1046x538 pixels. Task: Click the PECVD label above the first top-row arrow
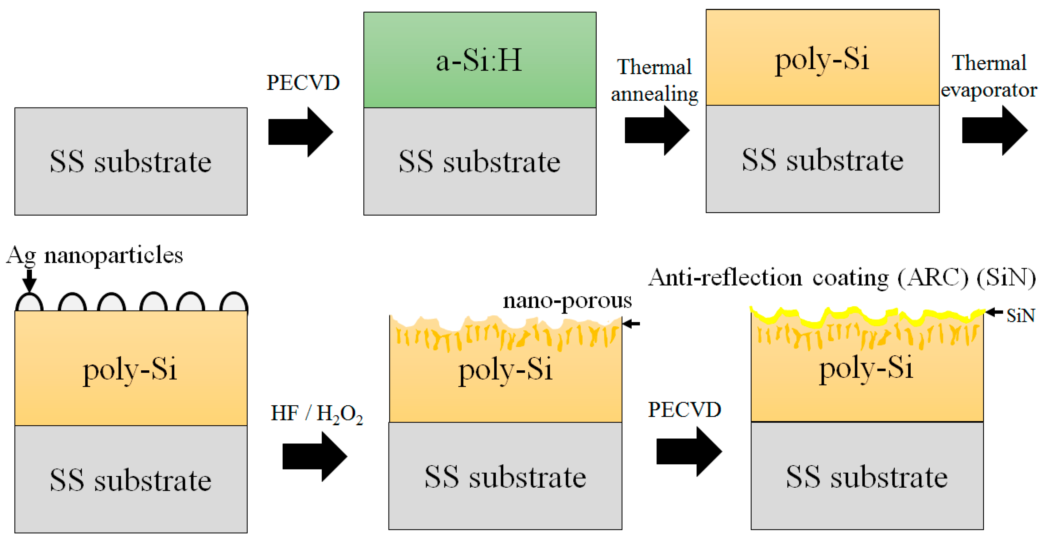click(303, 83)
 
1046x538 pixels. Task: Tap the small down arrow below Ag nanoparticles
click(29, 280)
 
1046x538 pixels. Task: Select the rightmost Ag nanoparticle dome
click(234, 303)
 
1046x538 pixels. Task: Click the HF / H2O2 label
click(316, 414)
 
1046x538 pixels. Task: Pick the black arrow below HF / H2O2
click(314, 456)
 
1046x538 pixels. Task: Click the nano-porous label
click(567, 301)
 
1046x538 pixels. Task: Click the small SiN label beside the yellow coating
click(1021, 315)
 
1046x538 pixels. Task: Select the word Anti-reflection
click(725, 278)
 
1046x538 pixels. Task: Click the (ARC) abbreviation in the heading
click(933, 278)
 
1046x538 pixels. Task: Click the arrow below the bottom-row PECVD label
click(689, 451)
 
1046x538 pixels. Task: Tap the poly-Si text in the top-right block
click(822, 59)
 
